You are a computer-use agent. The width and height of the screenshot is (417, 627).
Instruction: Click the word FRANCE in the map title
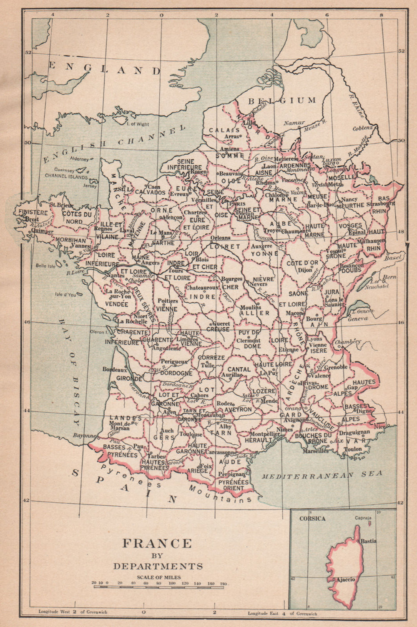[x=157, y=544]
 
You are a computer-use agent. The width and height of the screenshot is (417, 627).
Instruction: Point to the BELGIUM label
[x=282, y=100]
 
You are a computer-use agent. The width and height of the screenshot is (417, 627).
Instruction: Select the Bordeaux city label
[x=115, y=369]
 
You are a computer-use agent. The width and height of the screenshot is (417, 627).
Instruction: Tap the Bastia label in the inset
[x=368, y=541]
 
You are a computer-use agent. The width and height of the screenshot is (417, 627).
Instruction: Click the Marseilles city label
[x=315, y=451]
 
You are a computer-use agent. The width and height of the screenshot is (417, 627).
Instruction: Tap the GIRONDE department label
[x=129, y=379]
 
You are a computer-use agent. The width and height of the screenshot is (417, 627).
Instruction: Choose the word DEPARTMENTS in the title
[x=158, y=566]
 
